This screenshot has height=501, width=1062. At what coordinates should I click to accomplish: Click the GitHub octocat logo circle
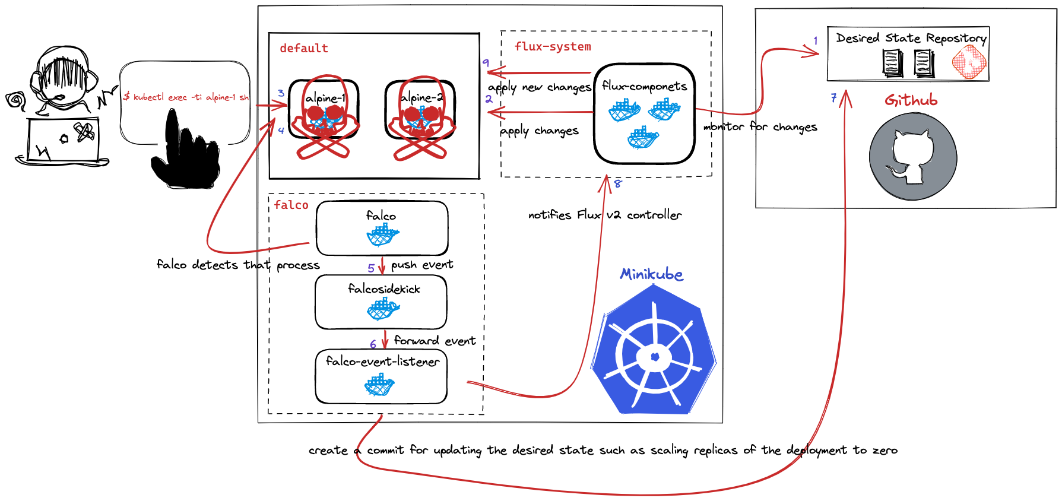coord(912,157)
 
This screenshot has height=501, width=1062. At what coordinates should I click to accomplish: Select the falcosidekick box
coord(381,302)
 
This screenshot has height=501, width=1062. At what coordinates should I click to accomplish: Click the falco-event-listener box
coord(381,377)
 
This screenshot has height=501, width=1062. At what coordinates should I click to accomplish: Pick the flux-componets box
coord(644,114)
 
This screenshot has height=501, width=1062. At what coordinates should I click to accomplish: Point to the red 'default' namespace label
coord(303,48)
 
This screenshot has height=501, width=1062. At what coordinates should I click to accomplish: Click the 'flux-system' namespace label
coord(552,46)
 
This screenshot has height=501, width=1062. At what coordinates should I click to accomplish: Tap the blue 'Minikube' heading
coord(651,274)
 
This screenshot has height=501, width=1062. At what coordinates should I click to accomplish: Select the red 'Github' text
coord(911,100)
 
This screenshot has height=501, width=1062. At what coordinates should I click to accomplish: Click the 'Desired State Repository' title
coord(911,38)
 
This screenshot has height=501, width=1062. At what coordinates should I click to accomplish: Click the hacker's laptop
coord(62,141)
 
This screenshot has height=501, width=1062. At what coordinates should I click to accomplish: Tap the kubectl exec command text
coord(185,97)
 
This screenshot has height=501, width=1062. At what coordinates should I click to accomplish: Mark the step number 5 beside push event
coord(371,268)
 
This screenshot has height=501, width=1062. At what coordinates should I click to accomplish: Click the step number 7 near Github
coord(834,98)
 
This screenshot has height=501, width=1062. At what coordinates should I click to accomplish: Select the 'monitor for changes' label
coord(760,127)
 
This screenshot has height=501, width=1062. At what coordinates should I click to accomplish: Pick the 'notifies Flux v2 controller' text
coord(604,215)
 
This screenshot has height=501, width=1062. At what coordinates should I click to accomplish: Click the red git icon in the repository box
coord(969,62)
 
